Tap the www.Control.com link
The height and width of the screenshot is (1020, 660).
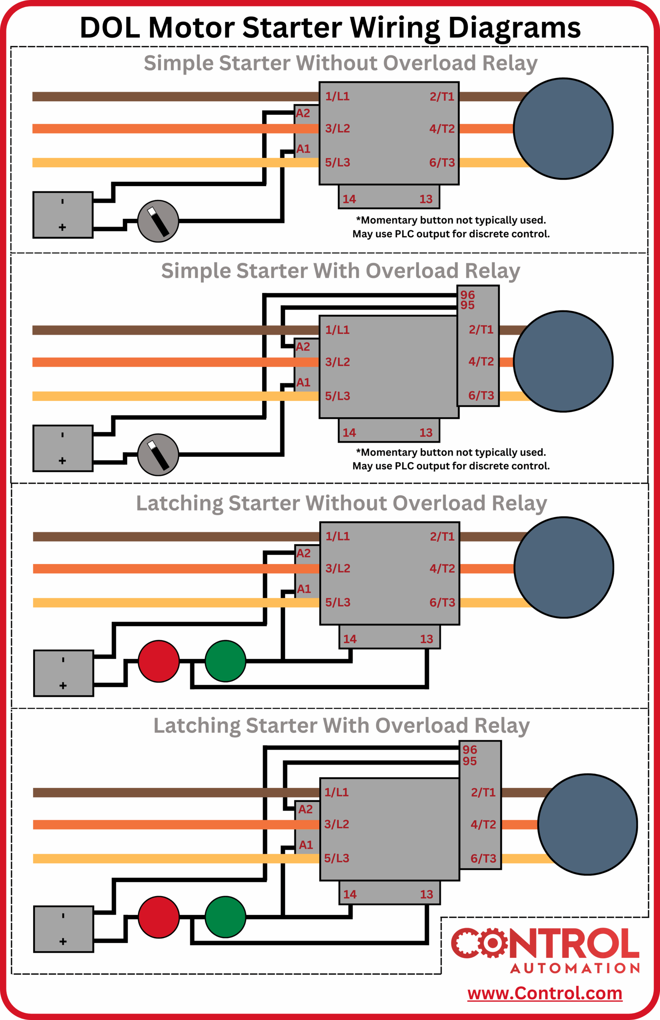click(544, 993)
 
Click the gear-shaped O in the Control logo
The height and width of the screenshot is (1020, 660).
click(493, 942)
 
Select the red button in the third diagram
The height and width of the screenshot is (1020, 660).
click(159, 661)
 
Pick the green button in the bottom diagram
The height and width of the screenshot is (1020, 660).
click(226, 917)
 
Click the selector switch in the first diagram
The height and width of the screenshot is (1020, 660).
click(158, 221)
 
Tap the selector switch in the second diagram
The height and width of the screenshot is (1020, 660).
click(158, 455)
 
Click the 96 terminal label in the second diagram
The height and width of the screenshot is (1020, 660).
click(467, 295)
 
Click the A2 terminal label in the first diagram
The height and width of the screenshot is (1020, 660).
click(302, 113)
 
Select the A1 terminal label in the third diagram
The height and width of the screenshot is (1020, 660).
click(304, 588)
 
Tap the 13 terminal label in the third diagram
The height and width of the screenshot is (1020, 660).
click(426, 639)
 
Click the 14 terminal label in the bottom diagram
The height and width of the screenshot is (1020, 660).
click(350, 894)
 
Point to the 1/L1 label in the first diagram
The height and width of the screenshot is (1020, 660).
click(337, 96)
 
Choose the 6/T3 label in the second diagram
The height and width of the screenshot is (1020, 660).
click(481, 395)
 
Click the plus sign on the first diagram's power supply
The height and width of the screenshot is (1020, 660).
click(63, 227)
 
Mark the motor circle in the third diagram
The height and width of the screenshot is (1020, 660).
click(564, 567)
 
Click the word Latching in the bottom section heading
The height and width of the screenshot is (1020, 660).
click(197, 725)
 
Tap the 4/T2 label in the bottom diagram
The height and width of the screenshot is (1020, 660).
click(483, 824)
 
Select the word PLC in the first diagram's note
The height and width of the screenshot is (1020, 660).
click(405, 234)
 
